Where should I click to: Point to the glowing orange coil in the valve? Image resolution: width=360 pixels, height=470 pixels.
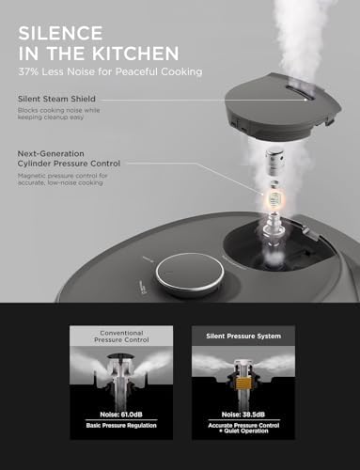pyautogui.click(x=277, y=200)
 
